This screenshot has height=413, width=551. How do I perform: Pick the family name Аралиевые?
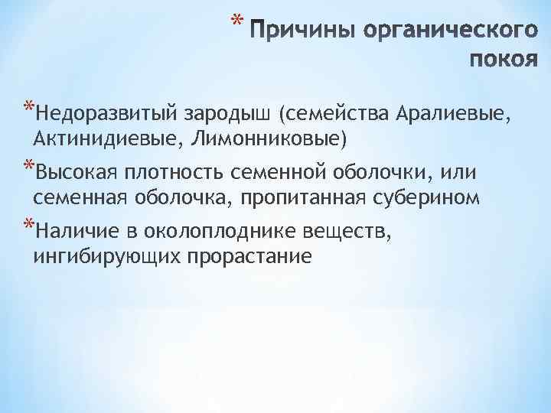[x=451, y=115]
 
